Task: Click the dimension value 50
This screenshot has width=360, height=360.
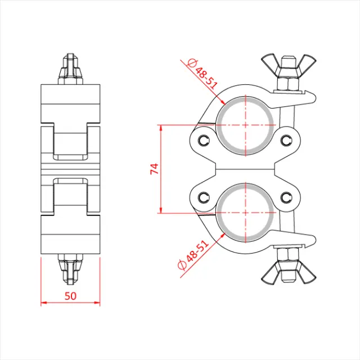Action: pyautogui.click(x=70, y=294)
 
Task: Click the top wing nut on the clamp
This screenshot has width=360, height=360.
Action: pyautogui.click(x=287, y=64)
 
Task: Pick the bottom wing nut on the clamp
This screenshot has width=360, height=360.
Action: pyautogui.click(x=287, y=273)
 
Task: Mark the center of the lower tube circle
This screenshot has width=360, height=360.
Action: pyautogui.click(x=245, y=214)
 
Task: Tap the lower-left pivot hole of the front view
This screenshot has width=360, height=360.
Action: pyautogui.click(x=203, y=197)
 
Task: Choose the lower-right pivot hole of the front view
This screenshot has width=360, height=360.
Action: pyautogui.click(x=287, y=197)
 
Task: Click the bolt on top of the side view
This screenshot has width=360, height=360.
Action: pyautogui.click(x=70, y=69)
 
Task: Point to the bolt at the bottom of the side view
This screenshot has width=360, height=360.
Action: pyautogui.click(x=70, y=269)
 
